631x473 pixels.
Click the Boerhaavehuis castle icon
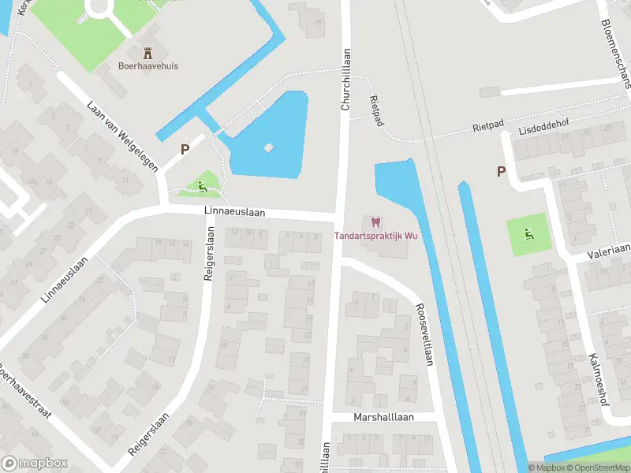(x=147, y=53)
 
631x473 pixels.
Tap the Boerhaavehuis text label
(x=147, y=67)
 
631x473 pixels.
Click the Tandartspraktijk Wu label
(x=375, y=236)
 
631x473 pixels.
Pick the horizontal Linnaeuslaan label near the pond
(x=234, y=211)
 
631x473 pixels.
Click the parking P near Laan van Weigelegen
(x=185, y=148)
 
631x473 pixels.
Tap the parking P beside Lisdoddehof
(x=500, y=171)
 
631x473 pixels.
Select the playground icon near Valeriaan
(x=528, y=233)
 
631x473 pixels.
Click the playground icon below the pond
(x=203, y=186)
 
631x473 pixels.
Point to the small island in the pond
(x=269, y=147)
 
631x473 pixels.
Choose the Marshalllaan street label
(x=383, y=417)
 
